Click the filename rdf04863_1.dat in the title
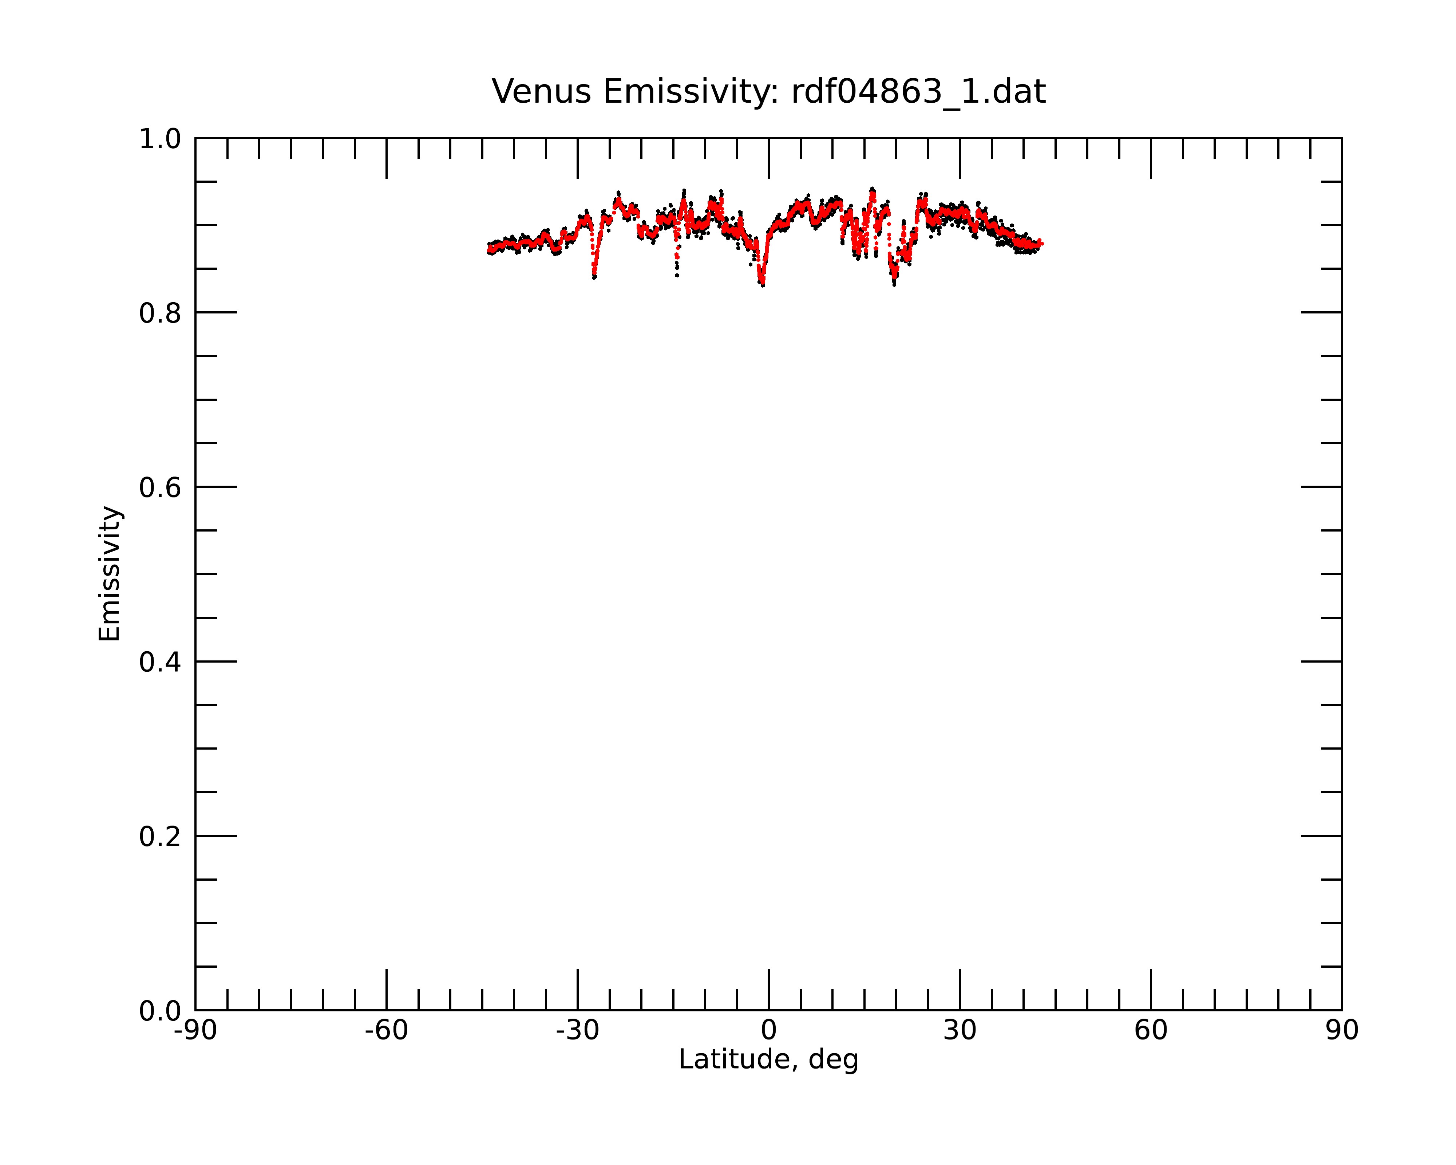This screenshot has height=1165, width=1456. click(x=918, y=92)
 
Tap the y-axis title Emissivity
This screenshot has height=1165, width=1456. click(x=110, y=573)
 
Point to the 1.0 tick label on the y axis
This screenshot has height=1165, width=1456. click(x=160, y=140)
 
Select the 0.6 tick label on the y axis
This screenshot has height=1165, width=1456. click(x=160, y=487)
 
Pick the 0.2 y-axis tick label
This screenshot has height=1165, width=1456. click(x=160, y=837)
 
